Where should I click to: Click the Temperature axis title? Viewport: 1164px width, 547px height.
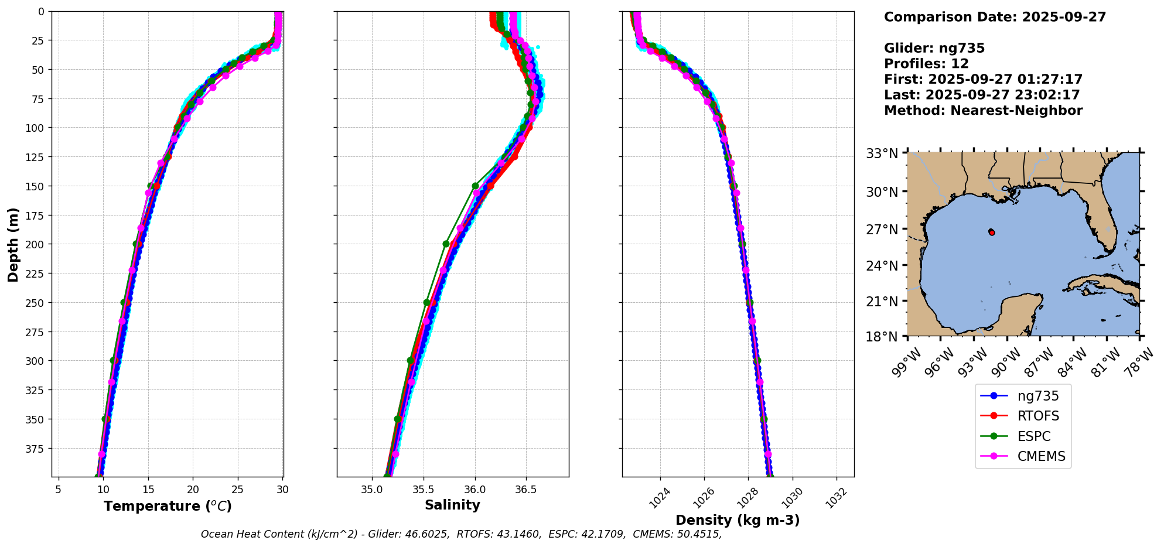tap(168, 506)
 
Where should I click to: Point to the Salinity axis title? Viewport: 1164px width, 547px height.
tap(452, 505)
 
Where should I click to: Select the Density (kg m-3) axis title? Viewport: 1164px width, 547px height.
tap(738, 520)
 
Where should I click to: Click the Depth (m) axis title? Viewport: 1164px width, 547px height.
tap(13, 244)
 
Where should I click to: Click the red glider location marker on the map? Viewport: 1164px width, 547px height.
tap(992, 233)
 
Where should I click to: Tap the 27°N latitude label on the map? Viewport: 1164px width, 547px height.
tap(882, 229)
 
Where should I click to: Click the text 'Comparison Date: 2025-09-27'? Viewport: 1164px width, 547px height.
tap(995, 17)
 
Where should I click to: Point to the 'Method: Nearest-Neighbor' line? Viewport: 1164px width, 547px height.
tap(983, 111)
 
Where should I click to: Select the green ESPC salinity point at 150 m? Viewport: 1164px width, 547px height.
tap(475, 186)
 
